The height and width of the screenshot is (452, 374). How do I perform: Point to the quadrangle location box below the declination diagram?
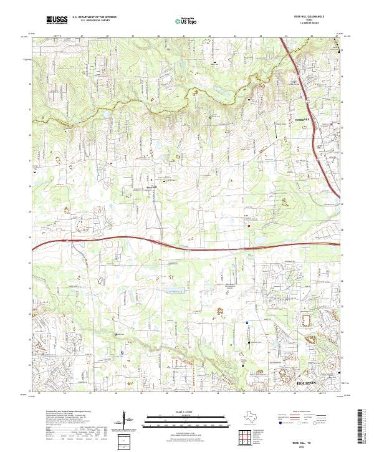pyautogui.click(x=124, y=441)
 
